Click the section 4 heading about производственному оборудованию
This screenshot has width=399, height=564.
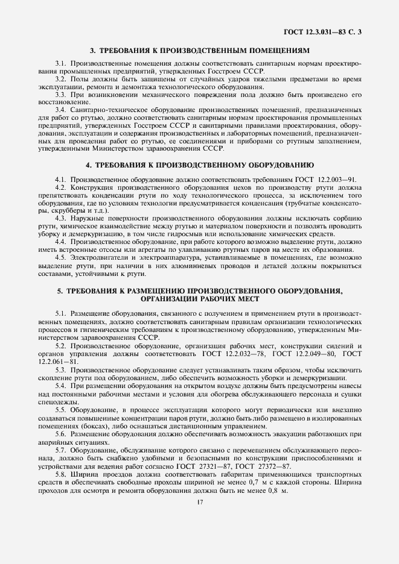(199, 164)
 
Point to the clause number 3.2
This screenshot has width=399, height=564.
(60, 80)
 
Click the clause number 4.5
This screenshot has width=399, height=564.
(60, 258)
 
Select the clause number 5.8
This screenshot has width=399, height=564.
(60, 474)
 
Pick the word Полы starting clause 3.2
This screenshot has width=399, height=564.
(80, 80)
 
